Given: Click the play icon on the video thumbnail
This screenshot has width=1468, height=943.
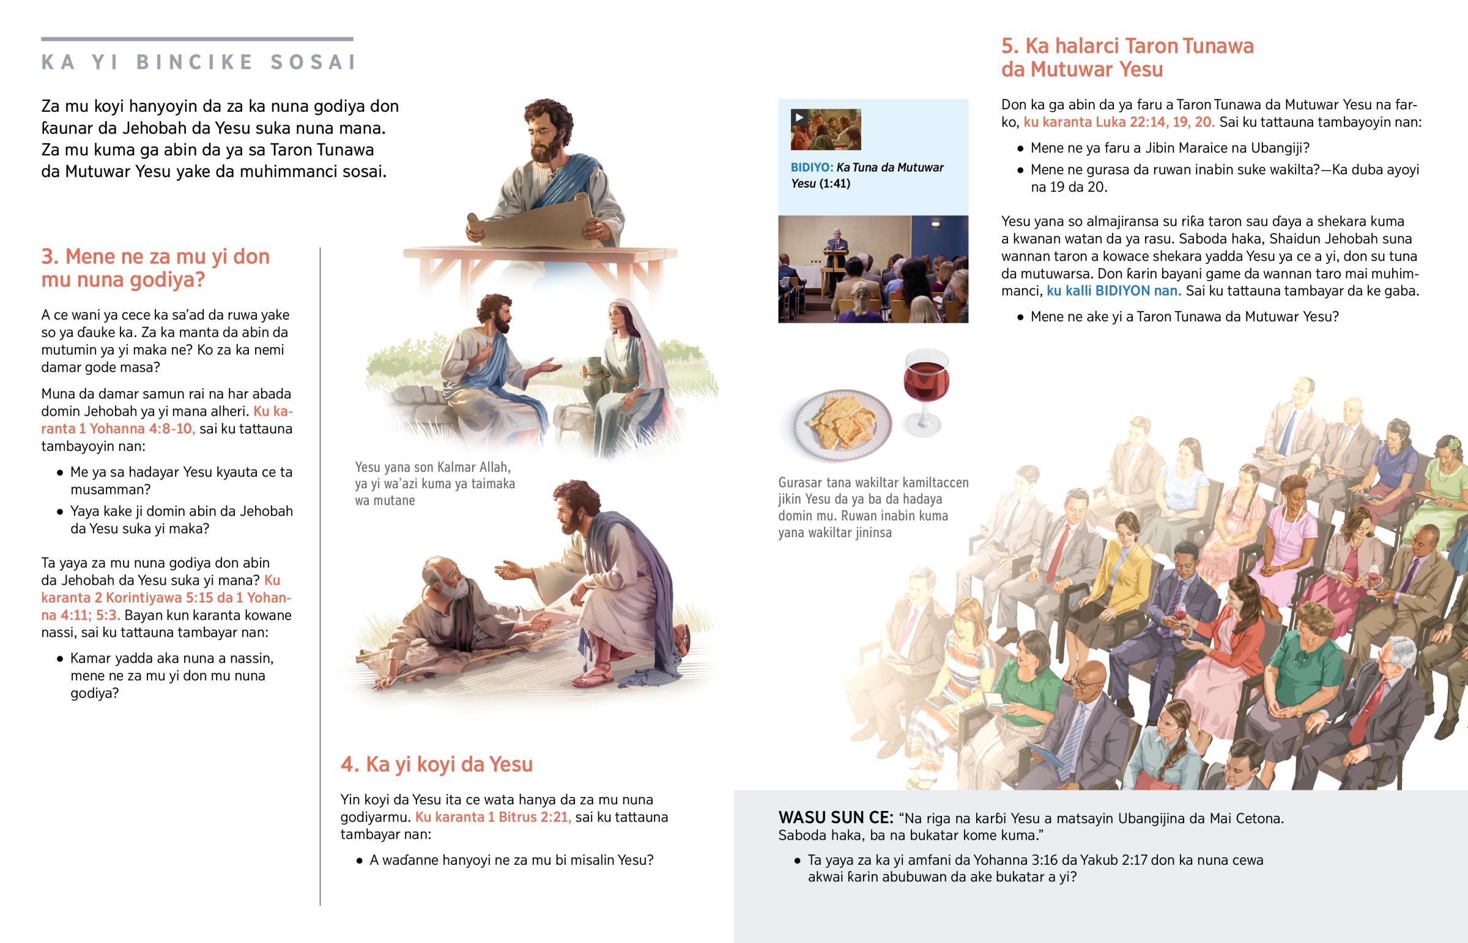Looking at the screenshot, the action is [x=799, y=117].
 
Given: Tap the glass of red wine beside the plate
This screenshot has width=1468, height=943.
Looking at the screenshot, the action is [x=926, y=392].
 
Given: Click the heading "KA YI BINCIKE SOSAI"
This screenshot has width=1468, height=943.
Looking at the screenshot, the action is [x=199, y=62].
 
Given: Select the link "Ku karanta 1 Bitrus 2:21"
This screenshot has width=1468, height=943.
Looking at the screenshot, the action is [x=493, y=817].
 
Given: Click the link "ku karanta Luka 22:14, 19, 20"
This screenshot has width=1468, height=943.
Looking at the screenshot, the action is [x=1119, y=122].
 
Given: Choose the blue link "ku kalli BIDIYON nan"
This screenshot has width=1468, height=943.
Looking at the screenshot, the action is [x=1114, y=291].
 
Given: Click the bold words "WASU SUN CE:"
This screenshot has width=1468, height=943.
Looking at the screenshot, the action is [x=836, y=818].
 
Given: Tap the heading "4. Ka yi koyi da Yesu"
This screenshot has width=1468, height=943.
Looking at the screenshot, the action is [x=437, y=764].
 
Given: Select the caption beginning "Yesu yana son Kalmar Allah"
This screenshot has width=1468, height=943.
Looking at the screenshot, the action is [x=435, y=484].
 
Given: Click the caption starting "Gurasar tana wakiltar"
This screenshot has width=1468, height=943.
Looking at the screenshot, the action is [x=873, y=507].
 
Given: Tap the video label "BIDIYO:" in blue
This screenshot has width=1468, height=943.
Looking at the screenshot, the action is [x=812, y=168].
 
